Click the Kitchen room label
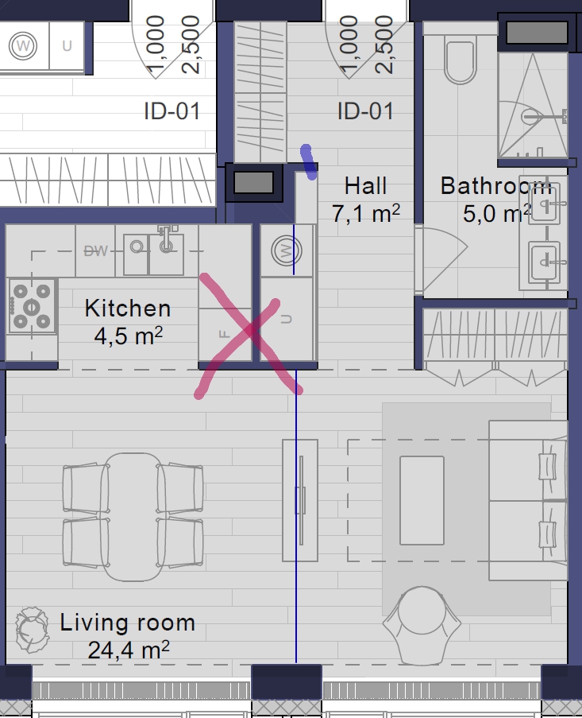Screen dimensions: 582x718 pos(128,309)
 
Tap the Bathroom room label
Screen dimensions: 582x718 pos(496,186)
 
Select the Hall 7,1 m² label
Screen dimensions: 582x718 pos(366,200)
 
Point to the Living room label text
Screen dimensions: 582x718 pos(128,623)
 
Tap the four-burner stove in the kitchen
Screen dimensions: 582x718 pos(32,306)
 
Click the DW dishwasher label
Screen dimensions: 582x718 pos(96,251)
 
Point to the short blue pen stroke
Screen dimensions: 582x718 pos(309,162)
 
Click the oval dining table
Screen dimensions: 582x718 pos(133,517)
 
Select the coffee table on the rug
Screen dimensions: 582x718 pos(422,500)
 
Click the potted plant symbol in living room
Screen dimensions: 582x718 pos(32,630)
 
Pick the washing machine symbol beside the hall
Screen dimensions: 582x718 pos(286,251)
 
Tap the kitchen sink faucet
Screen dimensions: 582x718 pos(167,238)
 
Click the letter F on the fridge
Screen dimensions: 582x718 pos(225,334)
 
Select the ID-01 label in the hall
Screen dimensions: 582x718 pos(365,111)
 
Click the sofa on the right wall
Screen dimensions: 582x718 pos(528,500)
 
